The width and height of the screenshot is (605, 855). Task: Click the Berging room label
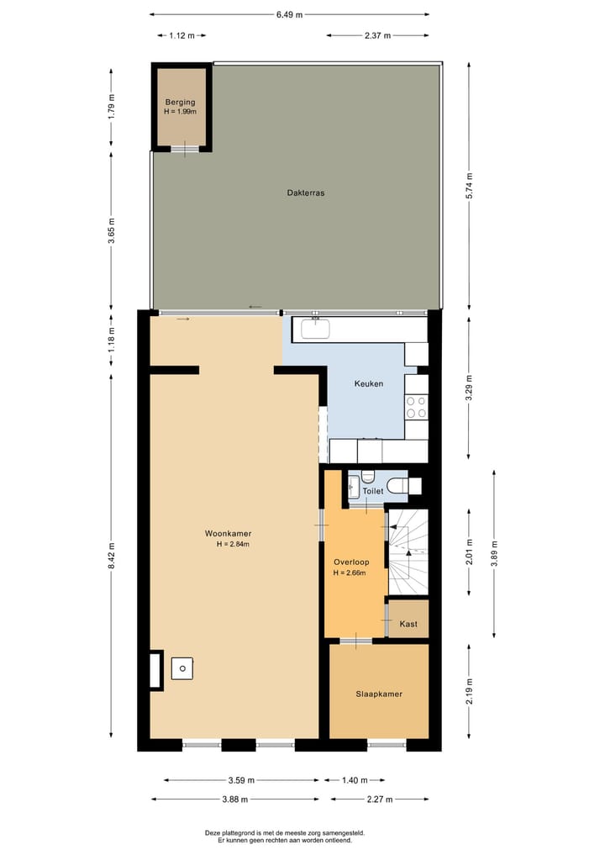(x=181, y=102)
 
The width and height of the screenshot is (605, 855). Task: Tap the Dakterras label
(x=305, y=193)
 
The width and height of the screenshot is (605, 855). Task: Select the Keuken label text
(x=369, y=383)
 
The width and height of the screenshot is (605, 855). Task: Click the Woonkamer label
(x=228, y=533)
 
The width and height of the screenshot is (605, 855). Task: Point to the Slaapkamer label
(x=378, y=694)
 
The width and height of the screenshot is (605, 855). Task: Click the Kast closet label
(x=408, y=624)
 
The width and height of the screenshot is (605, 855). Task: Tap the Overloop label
(x=350, y=562)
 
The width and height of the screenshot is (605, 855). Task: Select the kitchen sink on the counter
(x=316, y=329)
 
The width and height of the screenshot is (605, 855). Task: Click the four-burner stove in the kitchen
(x=416, y=408)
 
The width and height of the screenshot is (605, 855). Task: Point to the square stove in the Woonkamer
(x=182, y=668)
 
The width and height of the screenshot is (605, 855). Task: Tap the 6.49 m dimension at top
(x=289, y=14)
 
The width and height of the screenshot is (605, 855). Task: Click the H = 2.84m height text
(x=233, y=545)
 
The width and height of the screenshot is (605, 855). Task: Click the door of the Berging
(x=186, y=150)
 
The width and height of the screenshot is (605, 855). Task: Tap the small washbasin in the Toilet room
(x=355, y=488)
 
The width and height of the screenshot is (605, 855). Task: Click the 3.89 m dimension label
(x=494, y=552)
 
